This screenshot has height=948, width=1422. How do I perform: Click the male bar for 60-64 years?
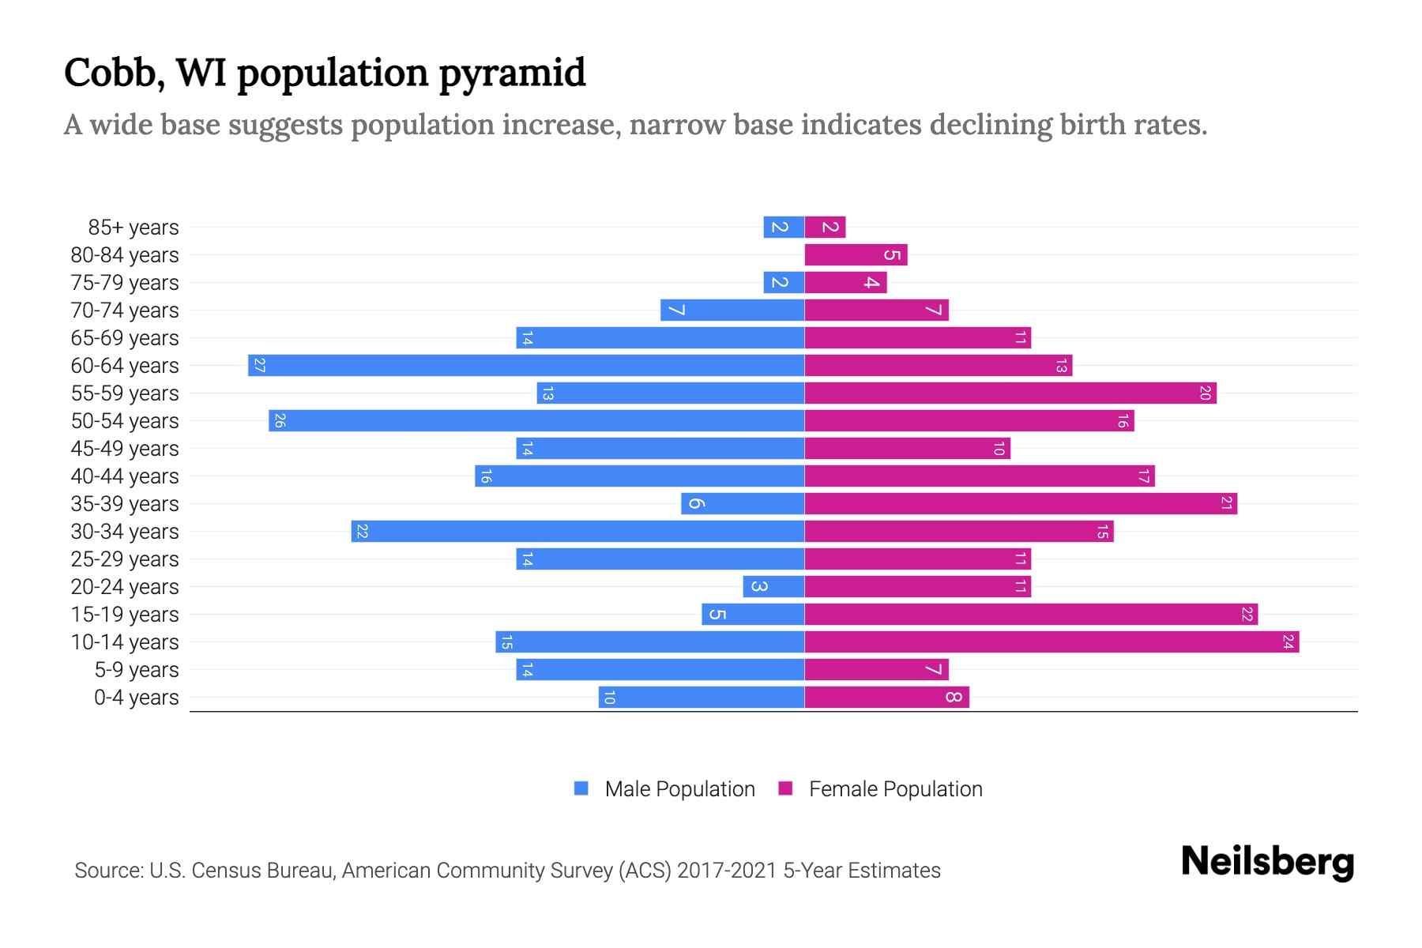tap(526, 366)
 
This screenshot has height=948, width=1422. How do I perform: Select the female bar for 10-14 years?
tap(1051, 642)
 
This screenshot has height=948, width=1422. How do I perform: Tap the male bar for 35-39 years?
tap(743, 504)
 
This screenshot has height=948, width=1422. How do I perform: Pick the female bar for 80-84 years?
tap(856, 255)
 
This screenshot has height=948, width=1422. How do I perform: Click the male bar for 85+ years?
tap(784, 228)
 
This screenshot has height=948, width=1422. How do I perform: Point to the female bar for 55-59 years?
tap(1010, 393)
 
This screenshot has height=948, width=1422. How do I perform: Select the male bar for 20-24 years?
tap(773, 587)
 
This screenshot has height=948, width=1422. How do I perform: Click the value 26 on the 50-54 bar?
tap(279, 421)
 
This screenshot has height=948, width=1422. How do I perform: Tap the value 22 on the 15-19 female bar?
tap(1247, 615)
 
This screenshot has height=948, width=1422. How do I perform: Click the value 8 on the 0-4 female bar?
tap(954, 698)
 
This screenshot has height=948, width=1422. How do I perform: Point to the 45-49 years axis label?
tap(125, 449)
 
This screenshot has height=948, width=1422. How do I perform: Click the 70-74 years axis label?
tap(125, 310)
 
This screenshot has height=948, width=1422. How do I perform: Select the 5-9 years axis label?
tap(137, 670)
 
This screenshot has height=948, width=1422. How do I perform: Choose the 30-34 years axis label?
tap(125, 532)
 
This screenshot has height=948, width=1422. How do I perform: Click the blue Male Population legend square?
tap(581, 788)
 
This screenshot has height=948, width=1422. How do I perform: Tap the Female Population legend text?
tap(895, 789)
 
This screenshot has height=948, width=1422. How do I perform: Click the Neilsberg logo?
tap(1267, 862)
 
